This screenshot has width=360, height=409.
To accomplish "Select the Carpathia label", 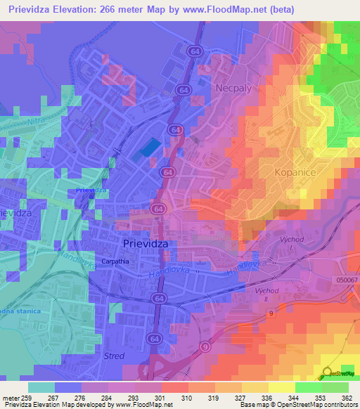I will click(x=115, y=261).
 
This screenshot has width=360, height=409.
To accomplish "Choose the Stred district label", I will click(x=114, y=356).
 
